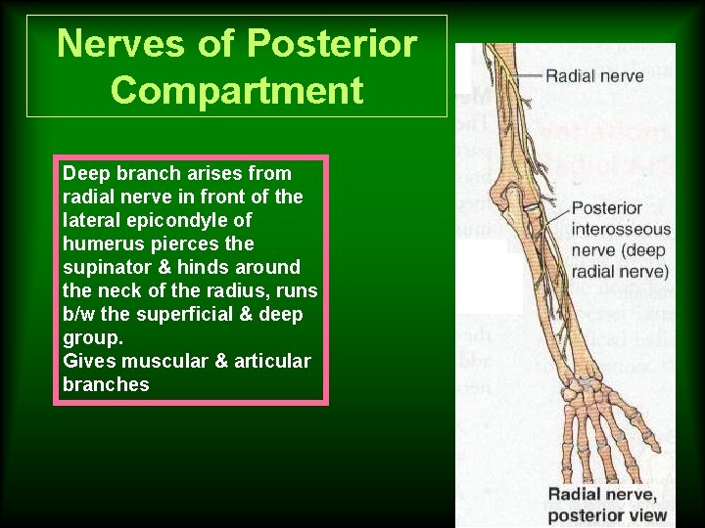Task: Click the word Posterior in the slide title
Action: (333, 44)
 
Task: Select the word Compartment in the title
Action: (237, 91)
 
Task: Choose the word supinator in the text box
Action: (105, 267)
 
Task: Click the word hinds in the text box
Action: (201, 267)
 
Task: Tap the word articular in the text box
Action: (271, 361)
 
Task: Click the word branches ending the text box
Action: (106, 384)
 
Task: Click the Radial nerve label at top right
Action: (594, 75)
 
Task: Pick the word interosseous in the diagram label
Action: (621, 231)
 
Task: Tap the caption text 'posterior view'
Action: (607, 514)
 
